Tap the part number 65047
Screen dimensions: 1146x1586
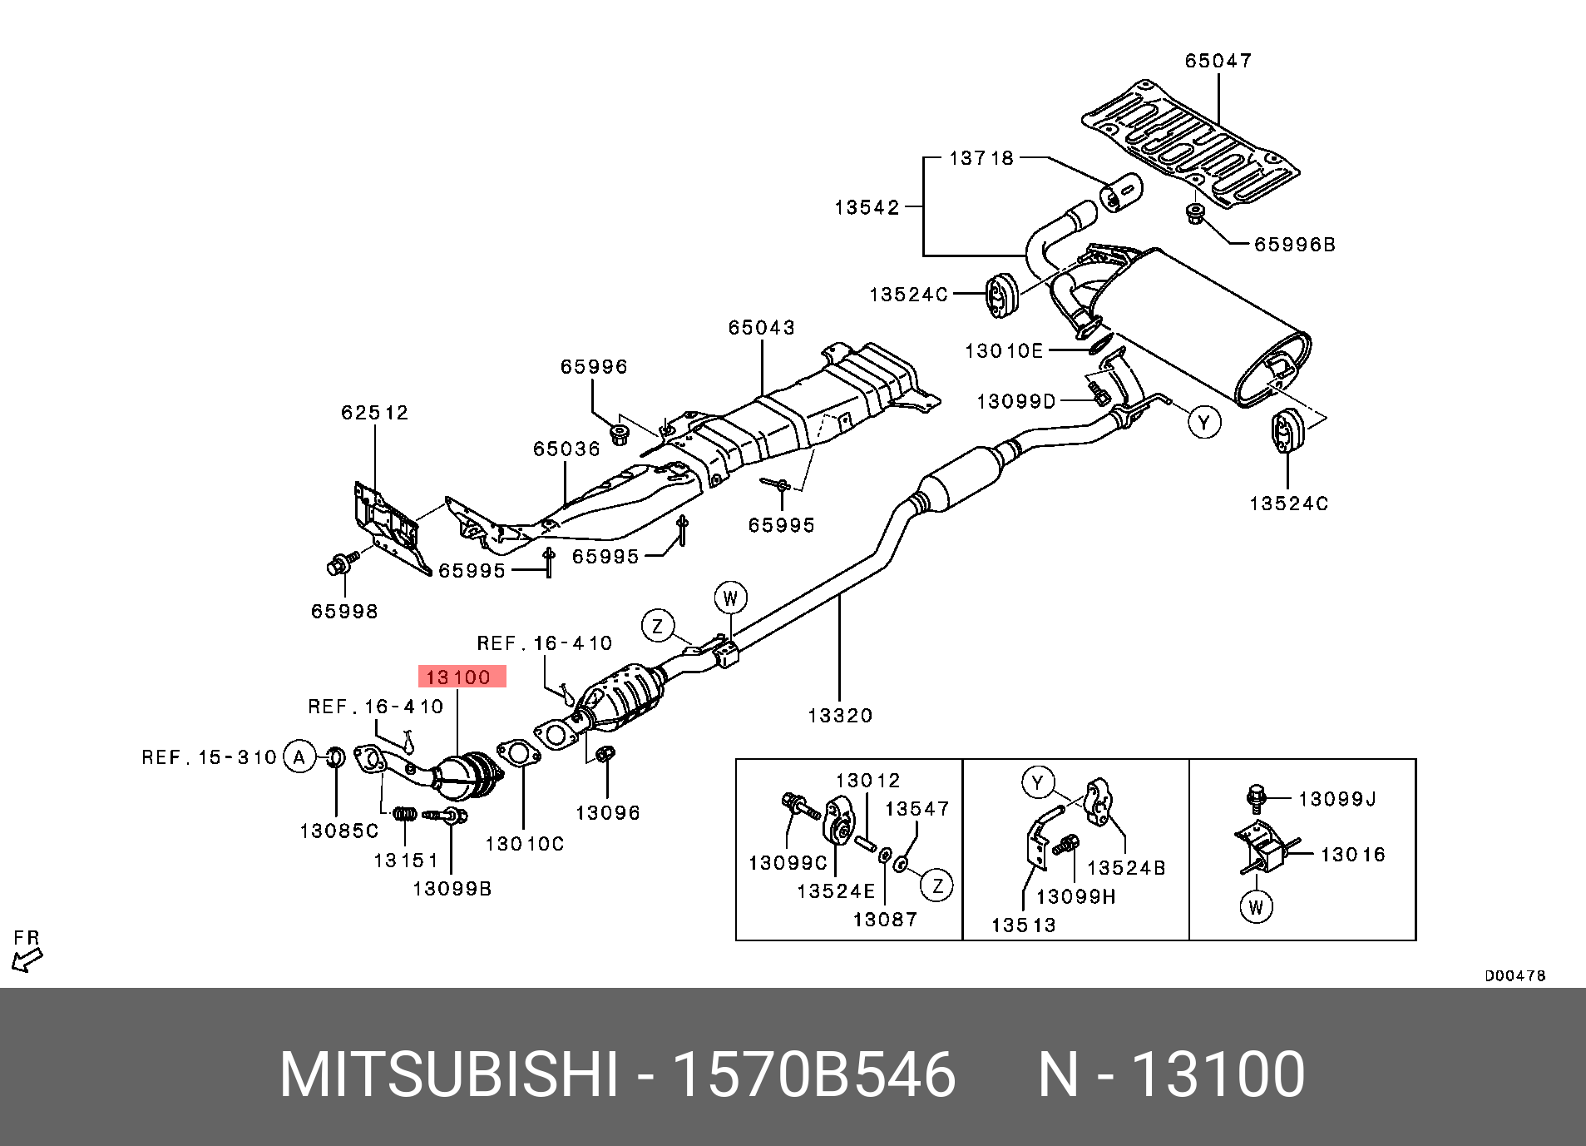pyautogui.click(x=1218, y=61)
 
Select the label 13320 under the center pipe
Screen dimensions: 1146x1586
pyautogui.click(x=840, y=715)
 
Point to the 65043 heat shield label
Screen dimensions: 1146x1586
pyautogui.click(x=762, y=328)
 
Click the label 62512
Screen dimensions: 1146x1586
pyautogui.click(x=375, y=413)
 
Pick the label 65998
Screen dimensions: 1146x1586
pyautogui.click(x=344, y=612)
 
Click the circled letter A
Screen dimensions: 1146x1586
pyautogui.click(x=299, y=757)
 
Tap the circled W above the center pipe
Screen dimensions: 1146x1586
pyautogui.click(x=730, y=598)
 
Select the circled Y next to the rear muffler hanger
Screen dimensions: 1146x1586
pyautogui.click(x=1203, y=423)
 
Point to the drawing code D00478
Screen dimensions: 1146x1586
pyautogui.click(x=1515, y=975)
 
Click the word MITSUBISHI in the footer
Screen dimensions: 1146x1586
pyautogui.click(x=449, y=1075)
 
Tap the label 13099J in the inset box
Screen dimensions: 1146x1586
pyautogui.click(x=1337, y=800)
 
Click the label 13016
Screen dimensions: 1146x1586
pyautogui.click(x=1353, y=855)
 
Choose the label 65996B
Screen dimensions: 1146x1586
pyautogui.click(x=1295, y=245)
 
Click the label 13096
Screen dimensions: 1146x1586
pyautogui.click(x=608, y=813)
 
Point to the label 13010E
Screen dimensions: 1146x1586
pyautogui.click(x=1004, y=351)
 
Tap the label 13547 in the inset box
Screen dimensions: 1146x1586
pyautogui.click(x=917, y=809)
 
